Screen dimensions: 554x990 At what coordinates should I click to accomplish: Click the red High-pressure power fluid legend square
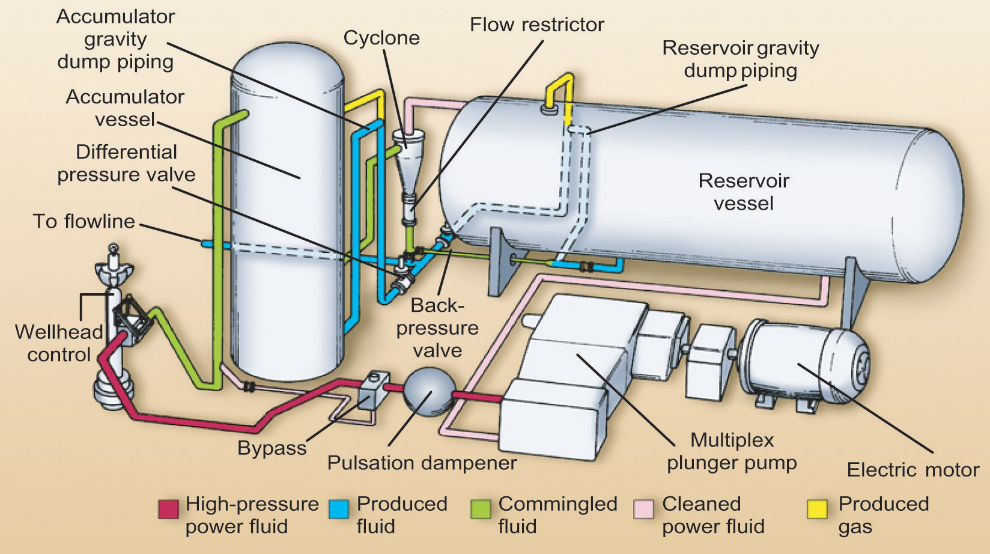point(168,508)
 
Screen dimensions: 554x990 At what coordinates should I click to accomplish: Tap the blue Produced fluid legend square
point(338,508)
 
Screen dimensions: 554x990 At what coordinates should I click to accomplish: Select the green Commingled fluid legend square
point(481,508)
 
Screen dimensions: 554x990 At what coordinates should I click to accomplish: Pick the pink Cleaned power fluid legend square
point(643,508)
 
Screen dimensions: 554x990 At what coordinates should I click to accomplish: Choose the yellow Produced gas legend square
point(817,508)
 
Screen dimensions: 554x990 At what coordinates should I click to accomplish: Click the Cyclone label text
point(381,38)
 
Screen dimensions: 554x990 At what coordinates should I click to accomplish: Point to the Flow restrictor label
point(536,25)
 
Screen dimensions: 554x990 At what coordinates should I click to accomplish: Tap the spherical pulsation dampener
point(428,391)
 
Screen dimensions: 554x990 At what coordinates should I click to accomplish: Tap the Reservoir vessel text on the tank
point(744,192)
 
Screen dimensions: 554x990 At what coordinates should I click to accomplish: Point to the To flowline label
point(84,221)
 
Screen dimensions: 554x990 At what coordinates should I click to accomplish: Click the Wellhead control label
point(58,342)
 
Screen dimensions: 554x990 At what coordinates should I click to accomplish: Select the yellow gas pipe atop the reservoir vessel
point(559,90)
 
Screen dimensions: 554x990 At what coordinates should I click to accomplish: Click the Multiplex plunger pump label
point(732,451)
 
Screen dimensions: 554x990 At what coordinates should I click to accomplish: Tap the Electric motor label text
point(913,469)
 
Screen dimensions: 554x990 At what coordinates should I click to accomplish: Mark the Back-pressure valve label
point(437,327)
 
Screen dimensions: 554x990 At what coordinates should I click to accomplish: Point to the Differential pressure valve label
point(126,163)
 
